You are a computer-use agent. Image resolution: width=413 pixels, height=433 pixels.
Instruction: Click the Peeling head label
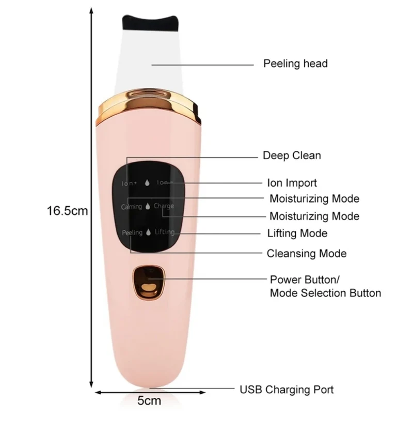[295, 64]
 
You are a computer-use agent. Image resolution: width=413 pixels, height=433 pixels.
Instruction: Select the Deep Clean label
[292, 156]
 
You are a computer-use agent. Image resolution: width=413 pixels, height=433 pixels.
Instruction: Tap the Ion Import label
[292, 183]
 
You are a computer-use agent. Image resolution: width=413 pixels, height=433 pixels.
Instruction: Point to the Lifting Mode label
[297, 234]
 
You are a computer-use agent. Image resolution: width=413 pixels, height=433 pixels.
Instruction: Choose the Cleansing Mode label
[307, 254]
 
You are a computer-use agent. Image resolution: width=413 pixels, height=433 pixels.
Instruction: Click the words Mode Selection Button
[325, 293]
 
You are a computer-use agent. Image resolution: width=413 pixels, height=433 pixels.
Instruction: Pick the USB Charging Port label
[287, 390]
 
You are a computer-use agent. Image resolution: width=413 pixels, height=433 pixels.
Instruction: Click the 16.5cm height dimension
[67, 211]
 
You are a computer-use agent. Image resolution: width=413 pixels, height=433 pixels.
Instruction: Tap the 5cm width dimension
[149, 400]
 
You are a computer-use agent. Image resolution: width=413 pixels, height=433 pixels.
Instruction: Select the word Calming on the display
[131, 207]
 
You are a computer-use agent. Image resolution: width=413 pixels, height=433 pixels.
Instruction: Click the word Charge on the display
[164, 206]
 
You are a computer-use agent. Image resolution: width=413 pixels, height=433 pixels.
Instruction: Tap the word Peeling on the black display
[132, 233]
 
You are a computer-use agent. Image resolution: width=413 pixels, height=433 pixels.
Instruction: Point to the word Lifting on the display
[165, 232]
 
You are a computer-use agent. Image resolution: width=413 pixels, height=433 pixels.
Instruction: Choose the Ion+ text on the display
[129, 183]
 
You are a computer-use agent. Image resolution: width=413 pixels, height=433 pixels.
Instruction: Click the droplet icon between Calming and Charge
[148, 206]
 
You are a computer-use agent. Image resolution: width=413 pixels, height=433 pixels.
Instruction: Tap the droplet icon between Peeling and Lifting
[149, 232]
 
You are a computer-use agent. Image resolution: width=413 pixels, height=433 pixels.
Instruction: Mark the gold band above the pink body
[149, 106]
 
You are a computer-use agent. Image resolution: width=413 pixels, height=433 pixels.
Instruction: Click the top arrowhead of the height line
[91, 11]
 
